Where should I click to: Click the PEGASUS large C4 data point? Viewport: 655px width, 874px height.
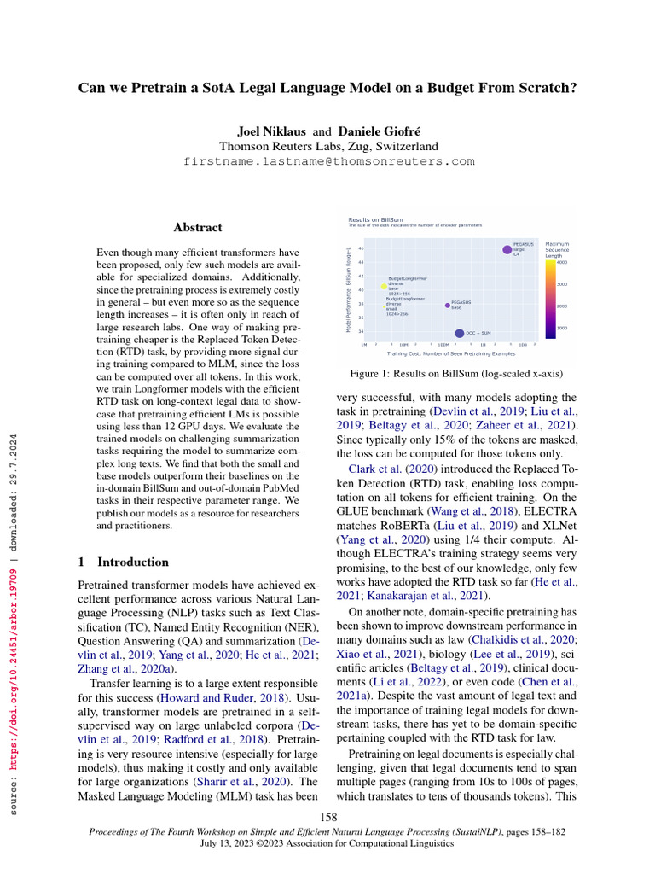[x=507, y=249]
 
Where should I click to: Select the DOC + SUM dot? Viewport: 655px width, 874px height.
[x=460, y=334]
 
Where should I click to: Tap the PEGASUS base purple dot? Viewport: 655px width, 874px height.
[x=447, y=305]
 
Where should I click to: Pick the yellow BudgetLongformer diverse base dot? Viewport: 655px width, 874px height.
[x=384, y=287]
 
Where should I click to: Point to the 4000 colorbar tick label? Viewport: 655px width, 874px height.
[x=562, y=262]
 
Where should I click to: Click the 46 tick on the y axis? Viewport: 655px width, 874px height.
[x=361, y=248]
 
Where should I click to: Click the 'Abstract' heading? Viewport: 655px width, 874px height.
[x=198, y=228]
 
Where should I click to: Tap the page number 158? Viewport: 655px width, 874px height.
[x=328, y=818]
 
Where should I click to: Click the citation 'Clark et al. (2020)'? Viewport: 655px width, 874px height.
[x=384, y=469]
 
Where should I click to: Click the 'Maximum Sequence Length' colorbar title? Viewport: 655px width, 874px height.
[x=557, y=249]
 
